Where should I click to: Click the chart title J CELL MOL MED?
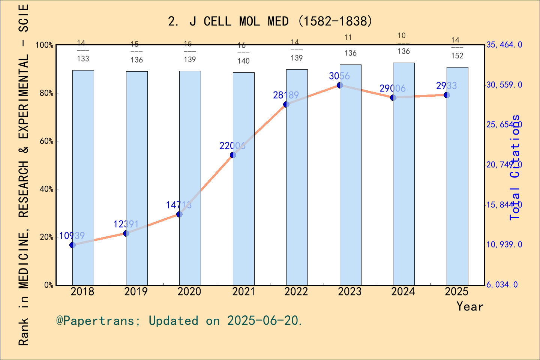coord(270,21)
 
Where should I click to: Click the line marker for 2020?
coord(179,214)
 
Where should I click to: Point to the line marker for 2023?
coord(340,85)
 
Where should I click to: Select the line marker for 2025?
coord(447,95)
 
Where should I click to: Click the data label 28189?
coord(286,95)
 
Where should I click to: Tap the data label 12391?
coord(126,224)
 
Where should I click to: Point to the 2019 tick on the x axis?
coord(136,291)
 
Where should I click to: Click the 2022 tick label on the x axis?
coord(296,291)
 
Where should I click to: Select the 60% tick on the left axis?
coord(46,141)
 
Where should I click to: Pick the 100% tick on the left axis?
coord(45,45)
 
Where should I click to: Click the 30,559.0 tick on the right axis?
coord(504,85)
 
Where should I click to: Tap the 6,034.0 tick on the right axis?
coord(502,285)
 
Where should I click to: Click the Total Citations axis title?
coord(515,167)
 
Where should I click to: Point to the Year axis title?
coord(470,306)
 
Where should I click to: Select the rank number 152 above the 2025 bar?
coord(457,56)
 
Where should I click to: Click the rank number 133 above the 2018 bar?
coord(83,58)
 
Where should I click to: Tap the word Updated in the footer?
coord(173,321)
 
